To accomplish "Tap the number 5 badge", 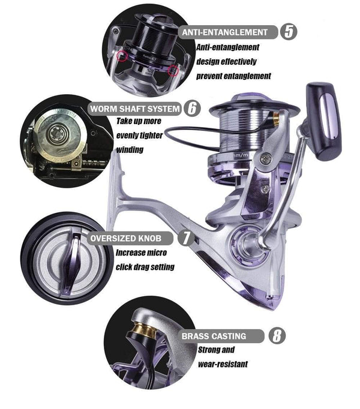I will point(289,32).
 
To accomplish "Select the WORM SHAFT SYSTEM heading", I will point(134,109).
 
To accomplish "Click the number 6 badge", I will point(192,109).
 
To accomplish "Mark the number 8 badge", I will point(277,336).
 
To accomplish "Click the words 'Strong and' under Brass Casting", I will point(216,350).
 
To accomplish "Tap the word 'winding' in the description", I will point(129,149).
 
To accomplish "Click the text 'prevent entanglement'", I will point(233,76).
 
